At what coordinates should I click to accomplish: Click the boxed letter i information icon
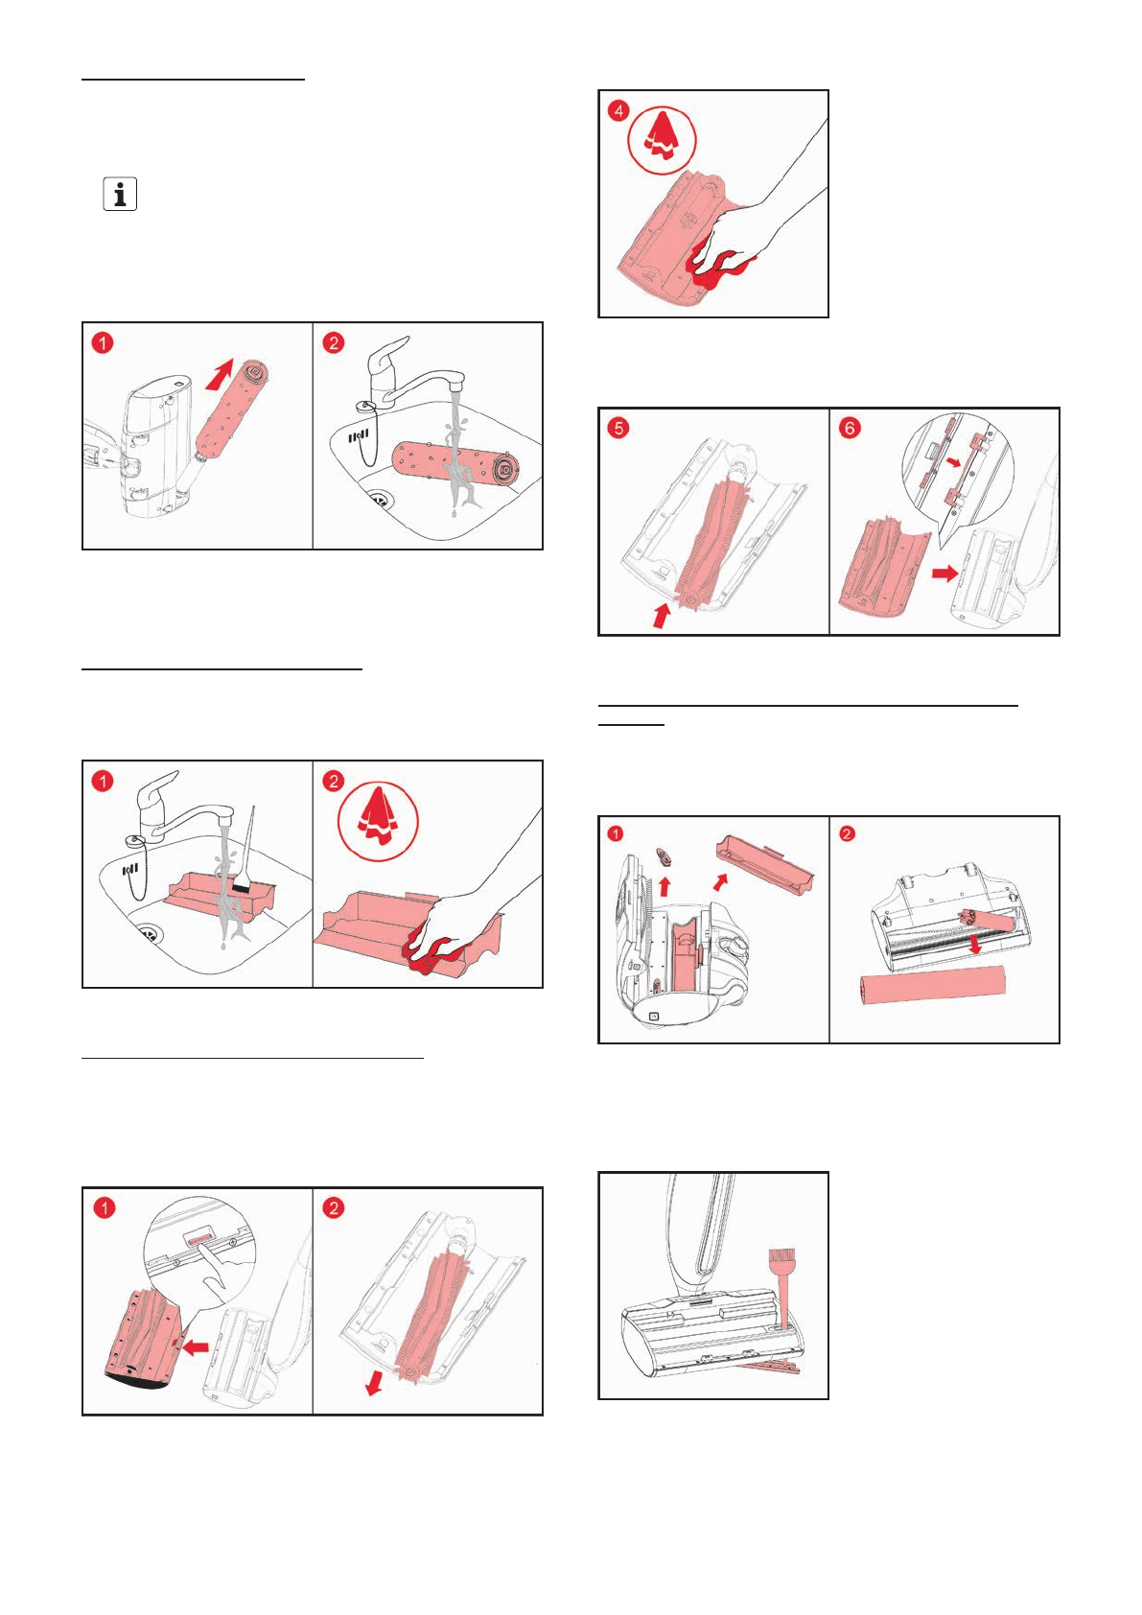pyautogui.click(x=120, y=194)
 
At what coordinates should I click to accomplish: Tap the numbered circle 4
pyautogui.click(x=618, y=111)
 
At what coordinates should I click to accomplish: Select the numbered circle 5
pyautogui.click(x=618, y=429)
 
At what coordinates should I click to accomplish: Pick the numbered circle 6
pyautogui.click(x=850, y=429)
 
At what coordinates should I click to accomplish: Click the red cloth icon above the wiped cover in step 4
pyautogui.click(x=662, y=138)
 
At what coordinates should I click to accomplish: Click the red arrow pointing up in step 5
pyautogui.click(x=661, y=616)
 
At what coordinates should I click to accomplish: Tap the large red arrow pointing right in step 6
pyautogui.click(x=944, y=573)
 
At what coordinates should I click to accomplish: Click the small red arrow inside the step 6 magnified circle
pyautogui.click(x=954, y=462)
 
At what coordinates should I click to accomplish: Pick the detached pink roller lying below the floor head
pyautogui.click(x=932, y=986)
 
